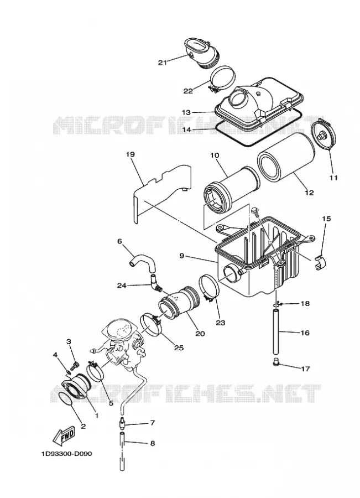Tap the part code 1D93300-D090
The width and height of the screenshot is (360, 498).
[67, 454]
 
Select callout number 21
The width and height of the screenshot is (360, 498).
[163, 63]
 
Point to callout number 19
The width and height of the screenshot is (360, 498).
[130, 155]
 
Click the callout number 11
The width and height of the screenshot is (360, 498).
[333, 178]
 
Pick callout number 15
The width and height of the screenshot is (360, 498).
[326, 219]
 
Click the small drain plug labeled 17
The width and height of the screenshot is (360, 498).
[275, 362]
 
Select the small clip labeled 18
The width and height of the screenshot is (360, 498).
[278, 304]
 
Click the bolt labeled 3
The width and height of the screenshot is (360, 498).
[75, 366]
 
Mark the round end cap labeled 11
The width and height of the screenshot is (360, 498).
[323, 134]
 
